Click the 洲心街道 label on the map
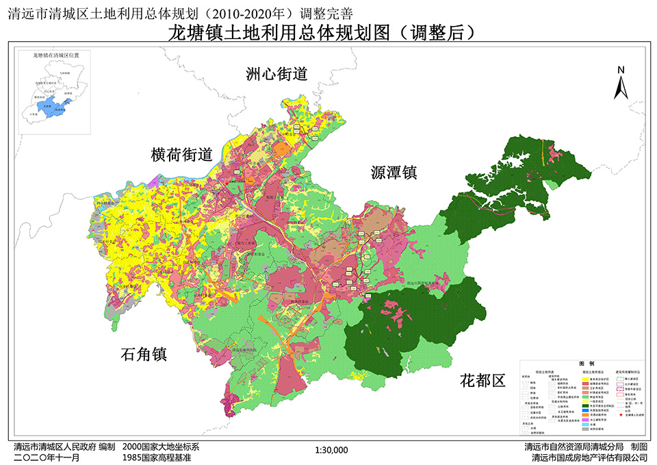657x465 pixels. pyautogui.click(x=277, y=75)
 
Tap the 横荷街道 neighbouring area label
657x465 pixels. pyautogui.click(x=182, y=155)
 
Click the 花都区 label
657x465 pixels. pyautogui.click(x=482, y=380)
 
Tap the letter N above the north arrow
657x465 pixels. pyautogui.click(x=621, y=70)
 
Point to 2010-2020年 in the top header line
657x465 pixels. pyautogui.click(x=250, y=10)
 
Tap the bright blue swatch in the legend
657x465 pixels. pyautogui.click(x=586, y=410)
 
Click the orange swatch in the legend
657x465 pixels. pyautogui.click(x=586, y=415)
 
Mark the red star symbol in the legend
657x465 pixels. pyautogui.click(x=621, y=414)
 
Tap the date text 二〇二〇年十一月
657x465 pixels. pyautogui.click(x=42, y=457)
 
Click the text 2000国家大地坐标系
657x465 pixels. pyautogui.click(x=160, y=447)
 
